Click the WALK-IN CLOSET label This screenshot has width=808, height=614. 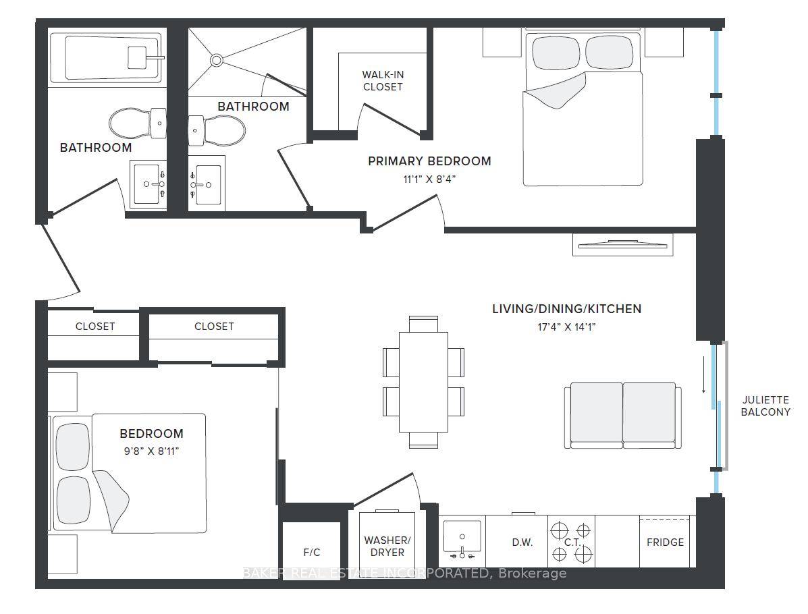[x=383, y=81]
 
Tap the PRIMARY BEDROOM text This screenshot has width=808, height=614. [x=429, y=161]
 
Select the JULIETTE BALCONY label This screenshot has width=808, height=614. [x=765, y=405]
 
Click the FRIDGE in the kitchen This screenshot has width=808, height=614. [x=665, y=542]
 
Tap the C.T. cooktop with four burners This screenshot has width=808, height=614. [x=571, y=542]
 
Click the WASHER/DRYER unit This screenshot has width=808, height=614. [x=387, y=545]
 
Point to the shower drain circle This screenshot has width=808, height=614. [x=216, y=60]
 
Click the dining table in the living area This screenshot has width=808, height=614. [x=423, y=381]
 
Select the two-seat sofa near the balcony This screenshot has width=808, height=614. [x=622, y=415]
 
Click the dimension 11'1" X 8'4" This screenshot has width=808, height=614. [x=429, y=179]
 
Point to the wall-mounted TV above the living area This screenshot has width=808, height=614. [x=622, y=244]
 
